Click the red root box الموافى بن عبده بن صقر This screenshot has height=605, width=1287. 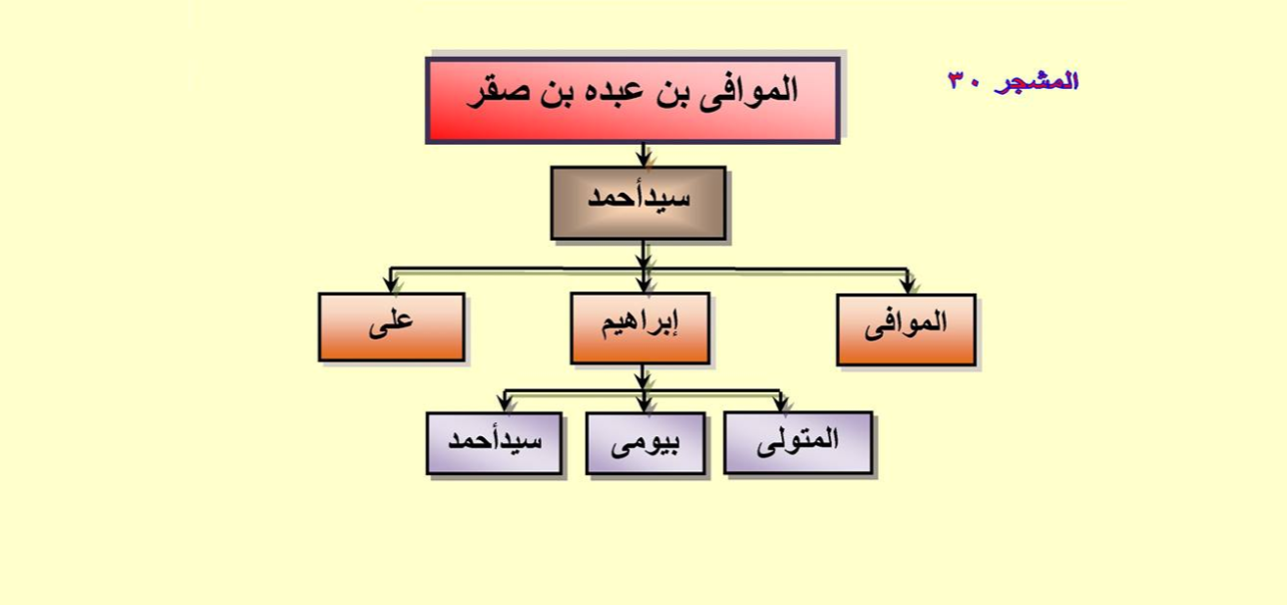pos(633,100)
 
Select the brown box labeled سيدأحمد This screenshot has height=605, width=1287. pos(639,203)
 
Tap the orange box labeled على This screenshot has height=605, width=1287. pos(391,327)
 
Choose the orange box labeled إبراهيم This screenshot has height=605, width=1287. pos(641,328)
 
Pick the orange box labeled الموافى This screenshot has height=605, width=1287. pos(906,330)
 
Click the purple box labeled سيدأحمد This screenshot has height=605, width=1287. pos(494,443)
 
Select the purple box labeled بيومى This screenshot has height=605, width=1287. pos(645,443)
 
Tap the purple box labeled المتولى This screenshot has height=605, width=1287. pos(798,443)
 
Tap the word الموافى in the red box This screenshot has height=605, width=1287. pos(748,92)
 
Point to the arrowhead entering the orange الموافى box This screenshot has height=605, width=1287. pos(907,286)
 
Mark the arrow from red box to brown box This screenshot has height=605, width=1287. pos(643,156)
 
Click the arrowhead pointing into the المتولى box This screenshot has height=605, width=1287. pos(780,403)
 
